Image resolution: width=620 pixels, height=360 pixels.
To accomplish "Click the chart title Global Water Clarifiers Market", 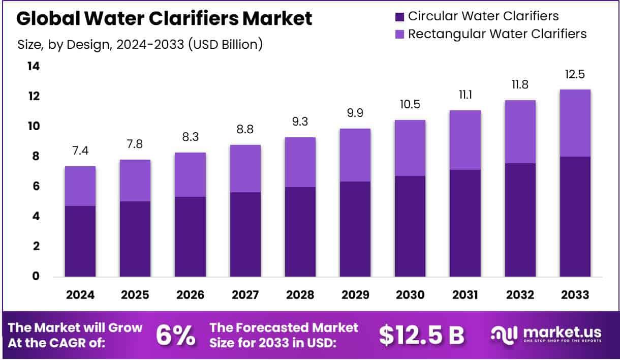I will pyautogui.click(x=164, y=19).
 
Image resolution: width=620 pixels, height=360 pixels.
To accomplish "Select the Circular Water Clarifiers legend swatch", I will pyautogui.click(x=400, y=16).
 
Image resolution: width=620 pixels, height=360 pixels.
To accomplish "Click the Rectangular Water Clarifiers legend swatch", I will pyautogui.click(x=400, y=34).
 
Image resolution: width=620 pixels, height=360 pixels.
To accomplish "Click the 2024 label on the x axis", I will pyautogui.click(x=80, y=294).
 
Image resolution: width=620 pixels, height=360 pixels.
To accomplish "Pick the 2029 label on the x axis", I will pyautogui.click(x=355, y=294).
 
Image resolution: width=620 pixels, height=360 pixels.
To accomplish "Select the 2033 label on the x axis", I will pyautogui.click(x=575, y=294).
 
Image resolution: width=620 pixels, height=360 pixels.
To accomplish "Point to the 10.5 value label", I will pyautogui.click(x=410, y=105).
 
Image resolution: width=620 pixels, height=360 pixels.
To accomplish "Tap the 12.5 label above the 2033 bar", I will pyautogui.click(x=575, y=74).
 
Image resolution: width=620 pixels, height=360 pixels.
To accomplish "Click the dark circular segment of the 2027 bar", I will pyautogui.click(x=245, y=234).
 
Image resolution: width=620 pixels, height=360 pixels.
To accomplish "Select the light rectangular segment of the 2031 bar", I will pyautogui.click(x=465, y=140).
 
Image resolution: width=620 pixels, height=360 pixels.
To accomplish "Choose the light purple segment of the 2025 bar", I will pyautogui.click(x=135, y=181).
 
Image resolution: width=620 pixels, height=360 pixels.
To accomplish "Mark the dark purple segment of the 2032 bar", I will pyautogui.click(x=520, y=220).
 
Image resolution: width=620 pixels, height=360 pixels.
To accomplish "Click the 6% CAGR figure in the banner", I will pyautogui.click(x=175, y=335).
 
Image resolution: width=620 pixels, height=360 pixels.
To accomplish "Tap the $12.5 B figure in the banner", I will pyautogui.click(x=421, y=335).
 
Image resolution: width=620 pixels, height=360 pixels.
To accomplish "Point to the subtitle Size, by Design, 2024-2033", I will pyautogui.click(x=140, y=44).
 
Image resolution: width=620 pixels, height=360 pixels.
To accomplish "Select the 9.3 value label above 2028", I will pyautogui.click(x=300, y=122).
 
